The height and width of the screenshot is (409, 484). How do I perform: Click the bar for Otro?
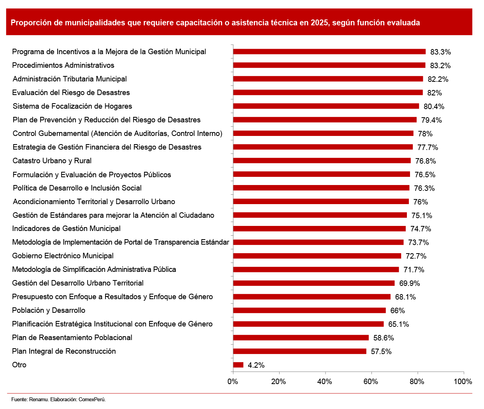238,365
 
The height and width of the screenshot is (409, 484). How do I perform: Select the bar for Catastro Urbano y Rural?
322,161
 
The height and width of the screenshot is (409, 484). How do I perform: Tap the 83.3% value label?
440,52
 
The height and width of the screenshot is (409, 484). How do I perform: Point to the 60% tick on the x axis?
371,381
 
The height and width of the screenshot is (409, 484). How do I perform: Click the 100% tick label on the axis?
463,381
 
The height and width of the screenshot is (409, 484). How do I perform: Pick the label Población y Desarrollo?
49,310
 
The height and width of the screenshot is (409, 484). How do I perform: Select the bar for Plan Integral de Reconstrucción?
299,351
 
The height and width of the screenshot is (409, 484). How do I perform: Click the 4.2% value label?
256,365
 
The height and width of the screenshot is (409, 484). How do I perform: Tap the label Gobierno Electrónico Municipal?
63,256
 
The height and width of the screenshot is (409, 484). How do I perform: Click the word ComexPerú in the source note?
92,399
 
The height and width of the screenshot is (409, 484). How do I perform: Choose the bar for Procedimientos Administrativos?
329,65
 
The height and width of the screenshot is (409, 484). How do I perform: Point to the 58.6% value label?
384,338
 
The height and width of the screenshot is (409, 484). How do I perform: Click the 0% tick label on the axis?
233,381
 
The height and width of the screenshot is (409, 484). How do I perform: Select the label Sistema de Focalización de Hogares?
72,106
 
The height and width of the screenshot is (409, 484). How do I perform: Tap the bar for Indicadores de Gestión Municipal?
319,229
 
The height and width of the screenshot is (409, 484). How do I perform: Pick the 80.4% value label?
434,106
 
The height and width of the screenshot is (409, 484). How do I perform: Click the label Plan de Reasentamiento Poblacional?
72,338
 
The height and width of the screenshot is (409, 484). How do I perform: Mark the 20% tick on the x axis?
279,381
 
